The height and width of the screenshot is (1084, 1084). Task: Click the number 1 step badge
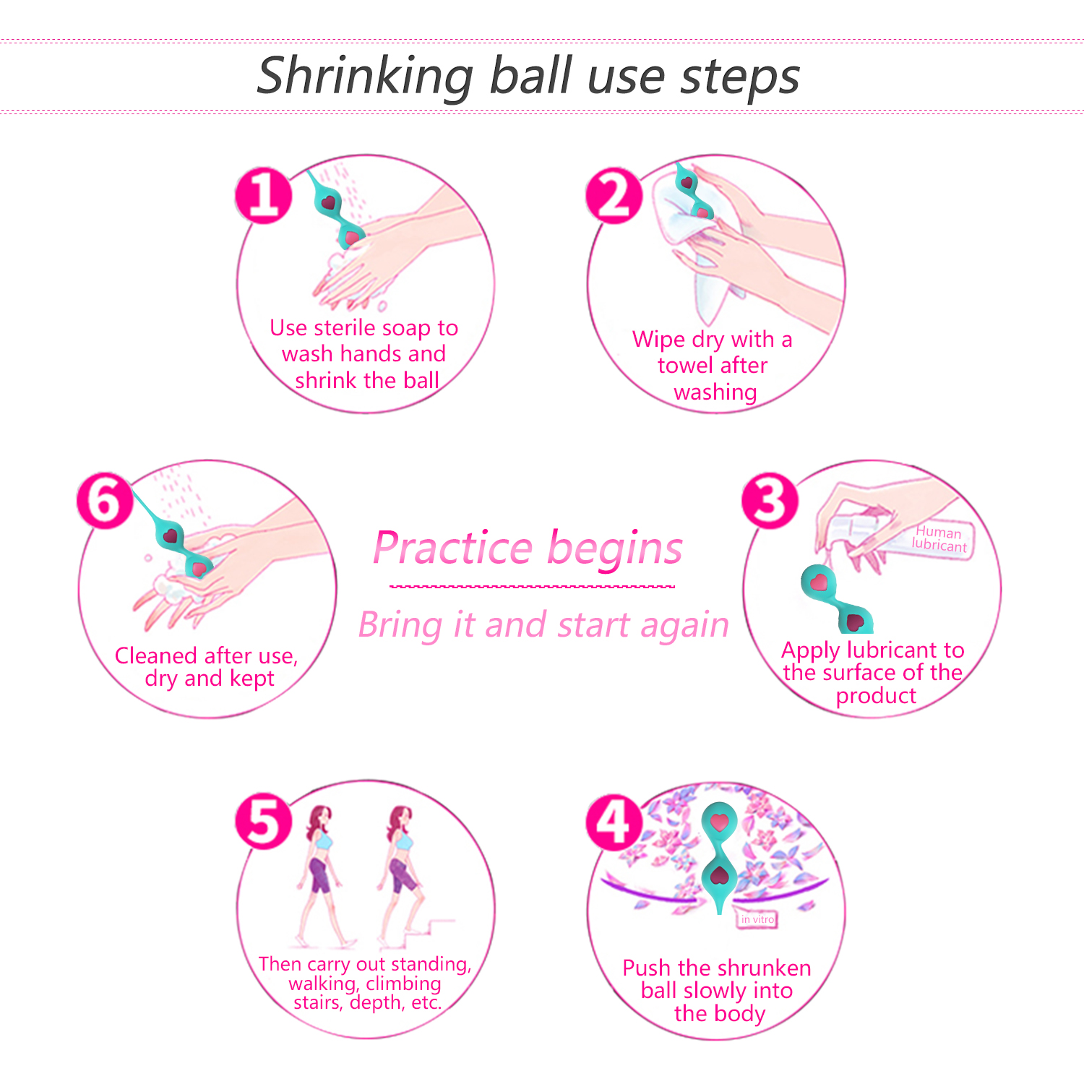click(x=264, y=195)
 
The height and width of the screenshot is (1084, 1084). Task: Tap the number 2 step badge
click(x=614, y=195)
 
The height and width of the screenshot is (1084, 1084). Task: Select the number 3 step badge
click(x=770, y=501)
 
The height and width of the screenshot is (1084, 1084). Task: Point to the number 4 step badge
click(x=614, y=822)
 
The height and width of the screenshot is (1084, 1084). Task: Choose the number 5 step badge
click(x=264, y=822)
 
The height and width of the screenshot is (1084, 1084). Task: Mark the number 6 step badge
click(x=105, y=501)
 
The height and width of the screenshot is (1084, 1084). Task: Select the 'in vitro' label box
click(x=757, y=919)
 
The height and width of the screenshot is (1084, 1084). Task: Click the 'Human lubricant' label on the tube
click(x=939, y=539)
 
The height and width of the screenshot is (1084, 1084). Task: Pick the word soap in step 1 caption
click(x=406, y=329)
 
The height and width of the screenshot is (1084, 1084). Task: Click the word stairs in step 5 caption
click(x=318, y=1003)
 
